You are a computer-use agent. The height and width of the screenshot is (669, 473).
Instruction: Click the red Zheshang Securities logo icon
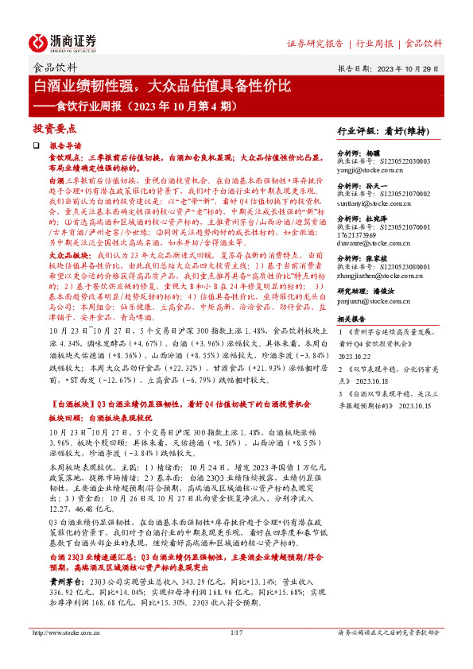pos(38,43)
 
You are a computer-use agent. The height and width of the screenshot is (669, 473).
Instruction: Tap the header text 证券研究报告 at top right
pos(315,42)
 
